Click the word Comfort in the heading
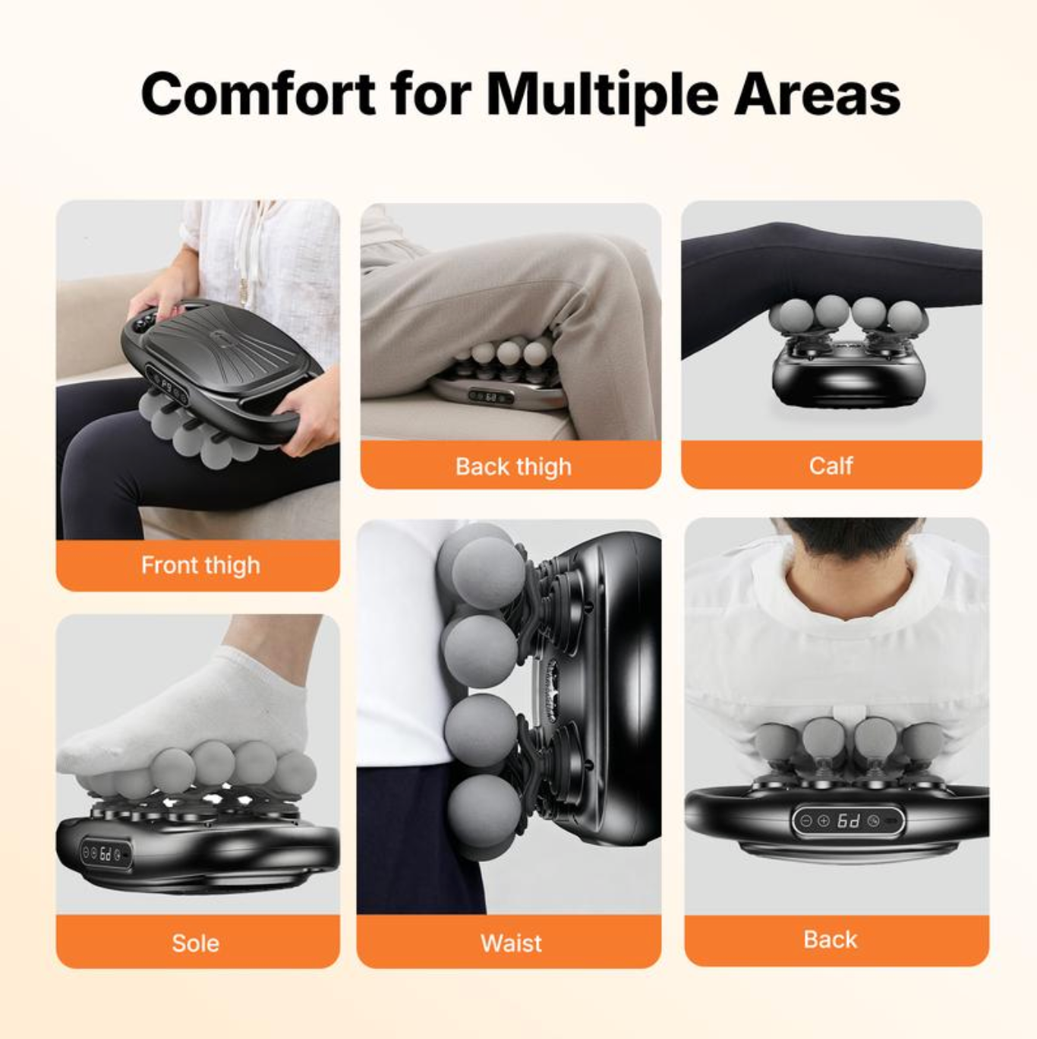click(x=257, y=94)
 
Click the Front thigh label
click(x=200, y=565)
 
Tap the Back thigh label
click(x=513, y=466)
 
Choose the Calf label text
click(x=831, y=465)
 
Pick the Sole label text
click(x=196, y=943)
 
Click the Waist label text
click(x=511, y=943)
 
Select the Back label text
click(x=830, y=940)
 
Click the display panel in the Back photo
click(x=848, y=821)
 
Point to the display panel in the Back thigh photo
click(x=490, y=396)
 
